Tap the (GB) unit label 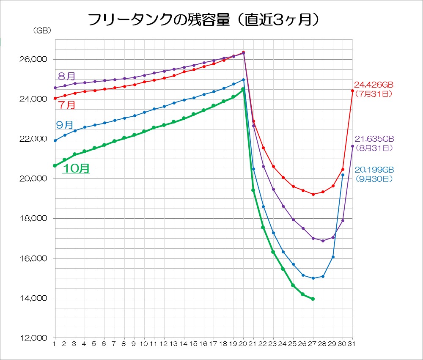[x=41, y=30]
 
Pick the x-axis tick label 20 [x=243, y=344]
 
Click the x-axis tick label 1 [x=55, y=344]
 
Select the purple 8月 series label [x=66, y=76]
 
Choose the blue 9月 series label [x=64, y=124]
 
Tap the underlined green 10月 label [x=76, y=168]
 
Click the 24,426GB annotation [x=374, y=85]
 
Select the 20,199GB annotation [x=374, y=170]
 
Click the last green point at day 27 [x=313, y=299]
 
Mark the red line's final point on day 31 [x=352, y=91]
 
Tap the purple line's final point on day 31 [x=352, y=146]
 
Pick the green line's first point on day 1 [x=55, y=165]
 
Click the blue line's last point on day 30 [x=343, y=175]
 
